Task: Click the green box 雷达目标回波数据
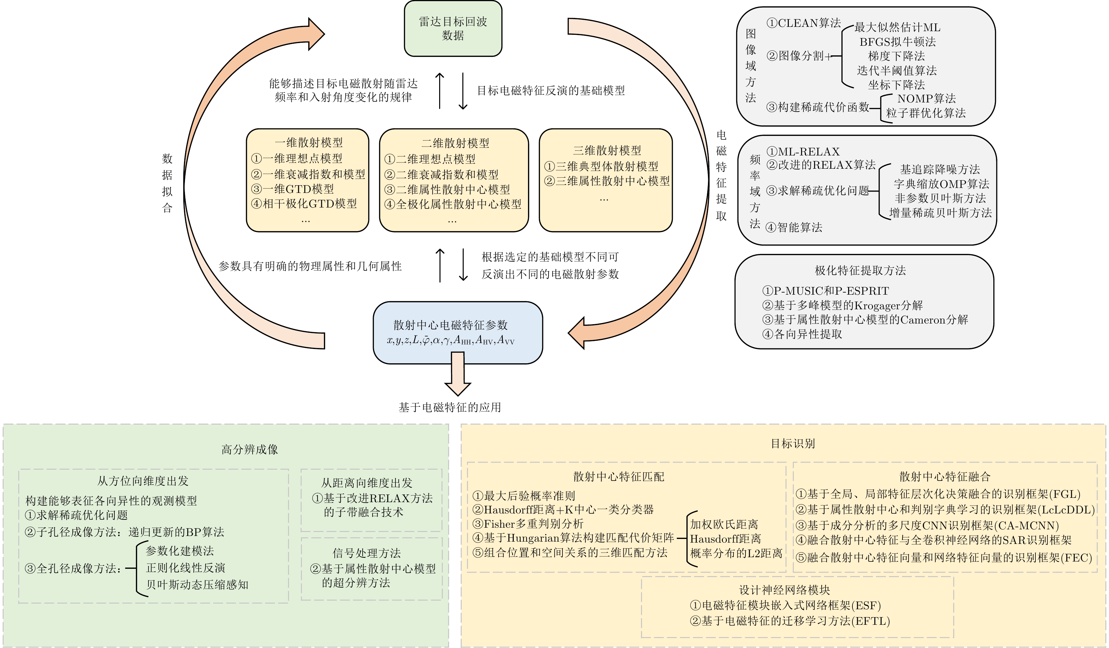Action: [x=453, y=29]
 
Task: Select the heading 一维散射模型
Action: [x=309, y=143]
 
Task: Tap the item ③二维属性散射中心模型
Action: [x=447, y=189]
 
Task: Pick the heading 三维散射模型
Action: [x=607, y=150]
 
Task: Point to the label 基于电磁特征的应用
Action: [x=450, y=407]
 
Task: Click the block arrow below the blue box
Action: [x=458, y=374]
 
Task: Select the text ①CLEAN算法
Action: [x=804, y=23]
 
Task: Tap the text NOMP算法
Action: [x=926, y=99]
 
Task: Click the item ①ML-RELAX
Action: [x=803, y=152]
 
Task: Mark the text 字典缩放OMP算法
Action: [x=941, y=184]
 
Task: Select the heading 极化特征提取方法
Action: [x=860, y=270]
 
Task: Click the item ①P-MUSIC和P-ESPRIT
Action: [x=826, y=291]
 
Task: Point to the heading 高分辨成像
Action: [x=250, y=449]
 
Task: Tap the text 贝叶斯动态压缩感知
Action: [x=197, y=585]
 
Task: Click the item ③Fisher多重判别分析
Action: [x=528, y=524]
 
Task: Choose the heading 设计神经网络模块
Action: [x=784, y=590]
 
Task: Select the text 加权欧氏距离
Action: [x=724, y=524]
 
